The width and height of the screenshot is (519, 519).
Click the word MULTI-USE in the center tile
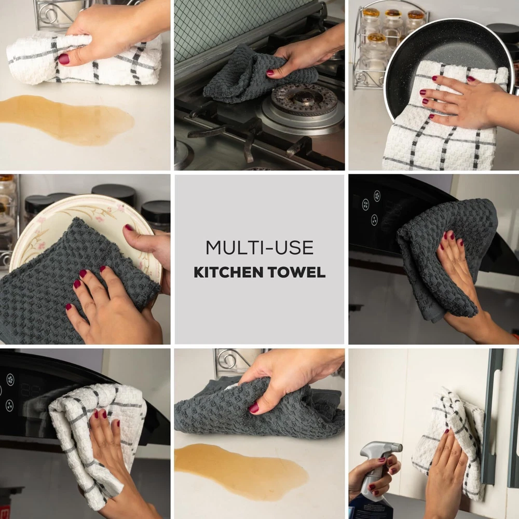click(x=259, y=248)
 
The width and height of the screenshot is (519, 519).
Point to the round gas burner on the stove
click(x=303, y=98)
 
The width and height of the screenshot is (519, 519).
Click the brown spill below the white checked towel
click(x=66, y=120)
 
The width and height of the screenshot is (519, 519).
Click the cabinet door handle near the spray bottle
click(x=493, y=417)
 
